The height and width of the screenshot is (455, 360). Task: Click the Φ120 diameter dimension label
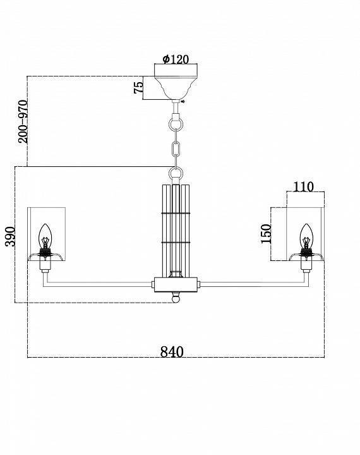click(176, 59)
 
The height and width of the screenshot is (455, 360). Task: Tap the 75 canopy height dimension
click(138, 87)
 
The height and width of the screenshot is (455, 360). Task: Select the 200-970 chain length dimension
click(23, 121)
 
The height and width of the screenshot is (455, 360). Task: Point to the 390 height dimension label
click(10, 236)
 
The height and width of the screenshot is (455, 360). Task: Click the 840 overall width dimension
click(172, 352)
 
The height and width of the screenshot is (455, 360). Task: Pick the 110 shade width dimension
click(304, 187)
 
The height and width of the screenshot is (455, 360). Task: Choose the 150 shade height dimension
click(266, 234)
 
